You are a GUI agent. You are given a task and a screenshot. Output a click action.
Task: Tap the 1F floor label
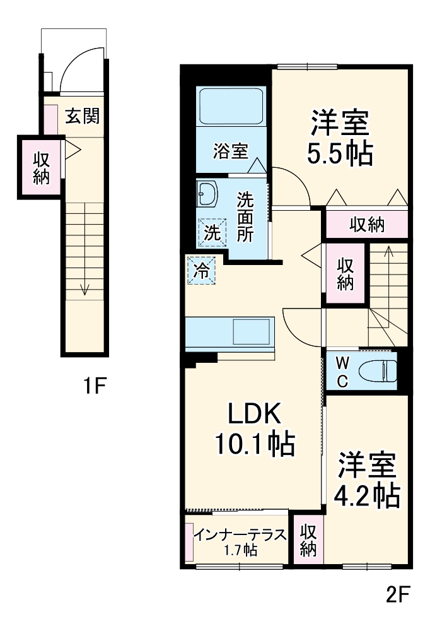click(x=95, y=384)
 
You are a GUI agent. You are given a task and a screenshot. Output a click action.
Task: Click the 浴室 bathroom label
click(x=230, y=151)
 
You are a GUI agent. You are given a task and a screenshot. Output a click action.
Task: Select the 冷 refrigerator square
click(x=201, y=271)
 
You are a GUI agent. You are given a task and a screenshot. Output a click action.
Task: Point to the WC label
click(x=341, y=371)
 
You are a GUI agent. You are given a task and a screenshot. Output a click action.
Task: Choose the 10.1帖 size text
click(x=254, y=445)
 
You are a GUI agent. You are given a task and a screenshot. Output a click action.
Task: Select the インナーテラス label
click(x=240, y=535)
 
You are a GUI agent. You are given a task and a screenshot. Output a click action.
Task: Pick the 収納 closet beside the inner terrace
click(x=308, y=540)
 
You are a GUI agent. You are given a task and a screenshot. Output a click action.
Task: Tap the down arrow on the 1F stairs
click(x=84, y=289)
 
